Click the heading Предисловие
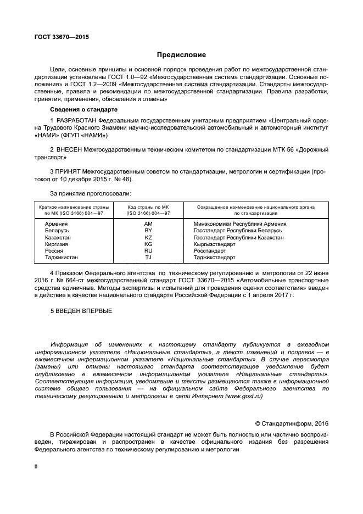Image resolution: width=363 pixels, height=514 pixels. (181, 55)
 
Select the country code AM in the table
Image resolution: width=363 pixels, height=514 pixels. (148, 224)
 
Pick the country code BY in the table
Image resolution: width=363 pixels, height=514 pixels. (148, 231)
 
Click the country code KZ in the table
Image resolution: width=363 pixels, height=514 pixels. (148, 237)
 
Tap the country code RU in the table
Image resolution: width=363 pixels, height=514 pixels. (148, 250)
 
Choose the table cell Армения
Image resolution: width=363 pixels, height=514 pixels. (57, 224)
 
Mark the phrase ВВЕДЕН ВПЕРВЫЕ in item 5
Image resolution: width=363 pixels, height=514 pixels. (81, 311)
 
